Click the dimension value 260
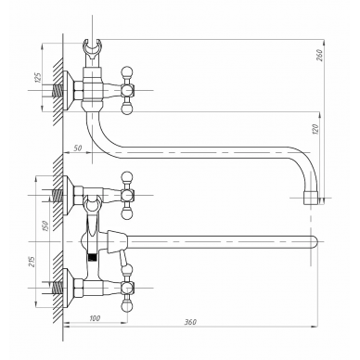(x=320, y=56)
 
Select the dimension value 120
(x=315, y=129)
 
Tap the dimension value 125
(x=38, y=77)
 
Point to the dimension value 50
(x=78, y=148)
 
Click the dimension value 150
(x=45, y=226)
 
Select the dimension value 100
(x=95, y=318)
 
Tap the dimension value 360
(x=190, y=322)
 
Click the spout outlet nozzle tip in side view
(x=311, y=198)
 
